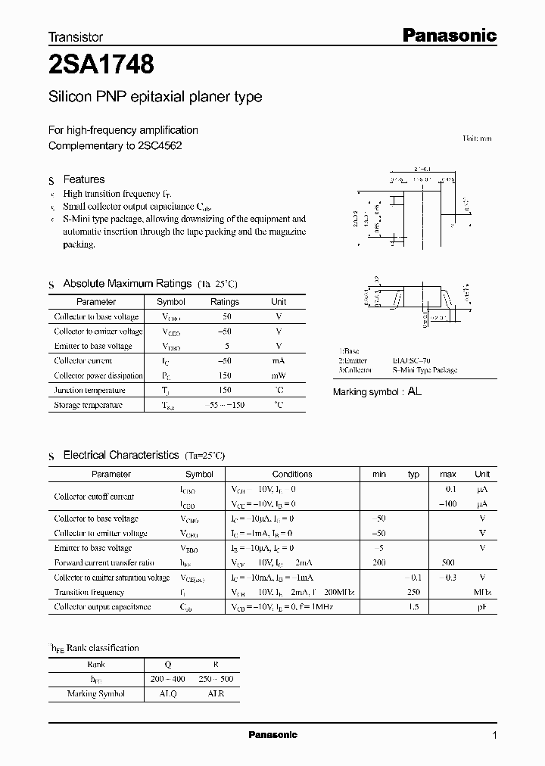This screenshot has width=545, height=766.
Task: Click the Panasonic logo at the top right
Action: pyautogui.click(x=448, y=35)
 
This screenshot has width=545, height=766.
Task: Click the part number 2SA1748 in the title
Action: pyautogui.click(x=101, y=66)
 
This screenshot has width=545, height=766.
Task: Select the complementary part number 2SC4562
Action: pyautogui.click(x=160, y=145)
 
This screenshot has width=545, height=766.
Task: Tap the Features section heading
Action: pyautogui.click(x=83, y=179)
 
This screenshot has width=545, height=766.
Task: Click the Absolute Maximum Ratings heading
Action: pyautogui.click(x=127, y=283)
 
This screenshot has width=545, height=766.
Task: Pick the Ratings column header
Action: pyautogui.click(x=224, y=301)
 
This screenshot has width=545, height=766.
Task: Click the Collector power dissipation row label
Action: pyautogui.click(x=98, y=375)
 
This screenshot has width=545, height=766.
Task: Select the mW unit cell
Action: pyautogui.click(x=279, y=375)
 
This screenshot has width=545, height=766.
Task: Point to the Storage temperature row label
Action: pyautogui.click(x=88, y=405)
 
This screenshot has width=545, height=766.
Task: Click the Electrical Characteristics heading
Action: pyautogui.click(x=121, y=455)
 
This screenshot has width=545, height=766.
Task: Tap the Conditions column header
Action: pyautogui.click(x=292, y=474)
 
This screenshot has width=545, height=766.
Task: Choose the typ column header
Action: pyautogui.click(x=413, y=474)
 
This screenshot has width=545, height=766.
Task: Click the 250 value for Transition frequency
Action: pyautogui.click(x=413, y=592)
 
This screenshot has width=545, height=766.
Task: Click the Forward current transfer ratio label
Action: pyautogui.click(x=104, y=562)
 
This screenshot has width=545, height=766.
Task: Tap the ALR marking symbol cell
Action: pyautogui.click(x=216, y=693)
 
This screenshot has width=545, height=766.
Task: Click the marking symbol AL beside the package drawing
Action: pyautogui.click(x=414, y=392)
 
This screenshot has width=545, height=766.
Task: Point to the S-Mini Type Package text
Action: pyautogui.click(x=425, y=370)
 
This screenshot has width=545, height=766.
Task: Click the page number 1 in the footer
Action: pyautogui.click(x=494, y=735)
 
